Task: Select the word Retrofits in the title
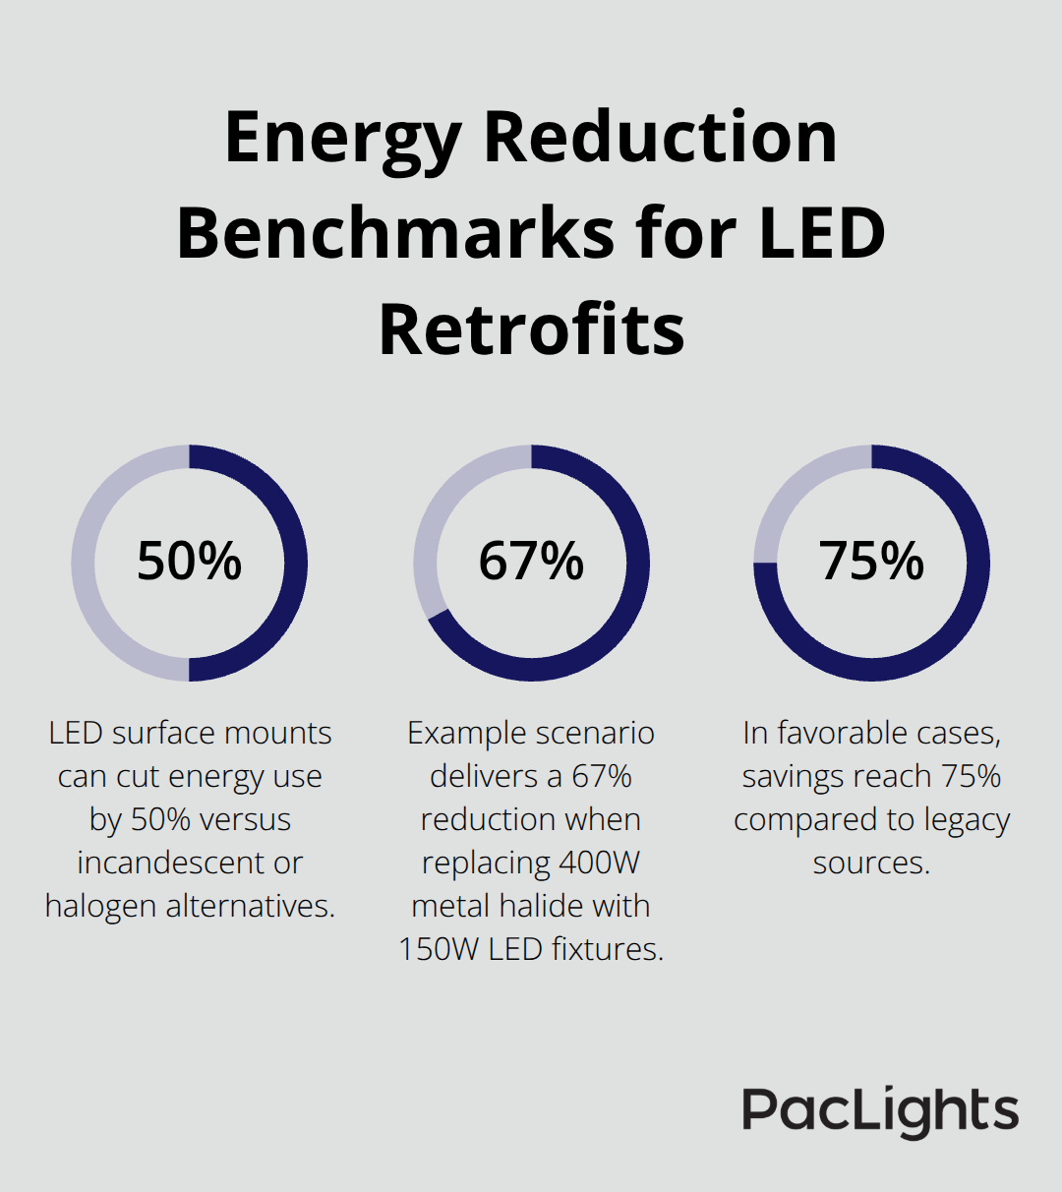(x=531, y=329)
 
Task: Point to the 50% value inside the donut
(x=189, y=562)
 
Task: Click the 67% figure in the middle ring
(x=531, y=562)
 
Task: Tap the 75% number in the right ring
(x=871, y=562)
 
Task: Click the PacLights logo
(x=880, y=1111)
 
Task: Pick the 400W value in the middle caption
(x=599, y=863)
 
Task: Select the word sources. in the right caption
(x=871, y=863)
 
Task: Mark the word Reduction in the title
(x=660, y=140)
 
